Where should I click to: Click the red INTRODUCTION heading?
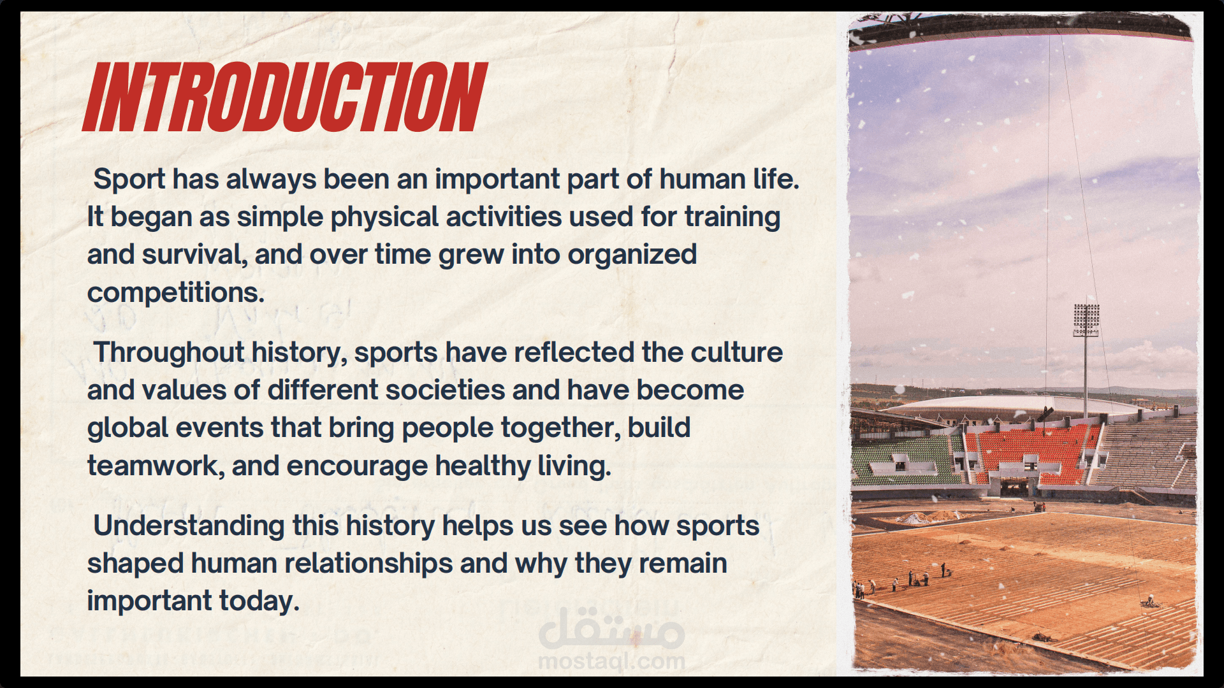coord(285,97)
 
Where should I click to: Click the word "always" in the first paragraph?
coord(271,179)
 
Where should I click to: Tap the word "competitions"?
coord(176,293)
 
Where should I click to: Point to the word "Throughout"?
coord(169,352)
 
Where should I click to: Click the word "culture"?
coord(737,352)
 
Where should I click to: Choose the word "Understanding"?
coord(189,526)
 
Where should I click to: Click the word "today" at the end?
coord(259,601)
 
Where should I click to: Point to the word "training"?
coord(732,217)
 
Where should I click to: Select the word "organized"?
coord(632,255)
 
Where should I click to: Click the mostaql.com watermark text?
coord(611,661)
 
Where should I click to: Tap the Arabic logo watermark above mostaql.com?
coord(611,628)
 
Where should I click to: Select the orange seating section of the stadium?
coord(1033,454)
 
